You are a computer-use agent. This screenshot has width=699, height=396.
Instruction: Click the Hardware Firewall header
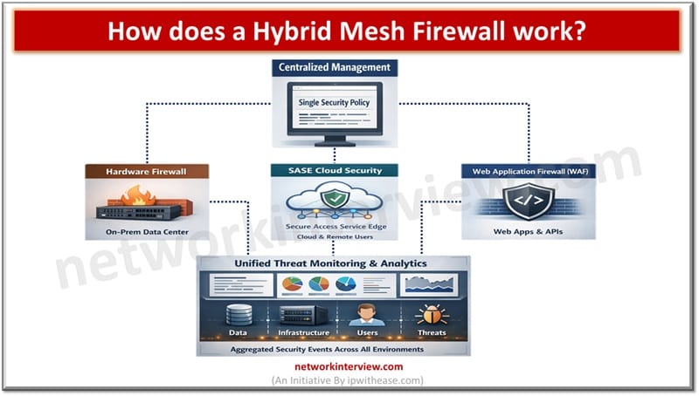tap(147, 173)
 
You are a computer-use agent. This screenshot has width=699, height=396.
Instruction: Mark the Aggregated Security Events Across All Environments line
tap(333, 348)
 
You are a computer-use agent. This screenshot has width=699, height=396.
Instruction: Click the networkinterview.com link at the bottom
tap(349, 367)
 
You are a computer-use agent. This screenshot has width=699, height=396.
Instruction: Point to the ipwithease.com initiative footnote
tap(349, 381)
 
